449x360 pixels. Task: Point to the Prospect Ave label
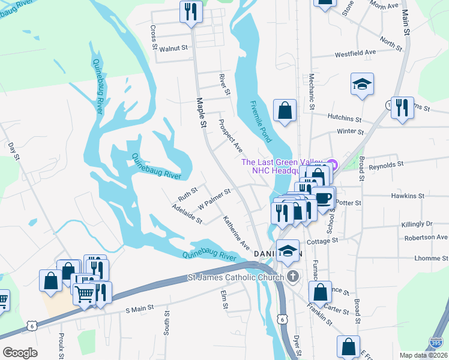pyautogui.click(x=230, y=139)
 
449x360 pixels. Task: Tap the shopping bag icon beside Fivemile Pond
pyautogui.click(x=285, y=111)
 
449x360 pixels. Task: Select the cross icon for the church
pyautogui.click(x=292, y=277)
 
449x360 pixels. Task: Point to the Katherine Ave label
pyautogui.click(x=237, y=233)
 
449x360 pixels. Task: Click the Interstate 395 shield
pyautogui.click(x=437, y=343)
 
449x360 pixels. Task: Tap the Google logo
pyautogui.click(x=20, y=352)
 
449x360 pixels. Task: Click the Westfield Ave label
pyautogui.click(x=355, y=52)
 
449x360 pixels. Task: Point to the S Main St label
pyautogui.click(x=140, y=308)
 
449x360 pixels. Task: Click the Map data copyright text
pyautogui.click(x=420, y=355)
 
